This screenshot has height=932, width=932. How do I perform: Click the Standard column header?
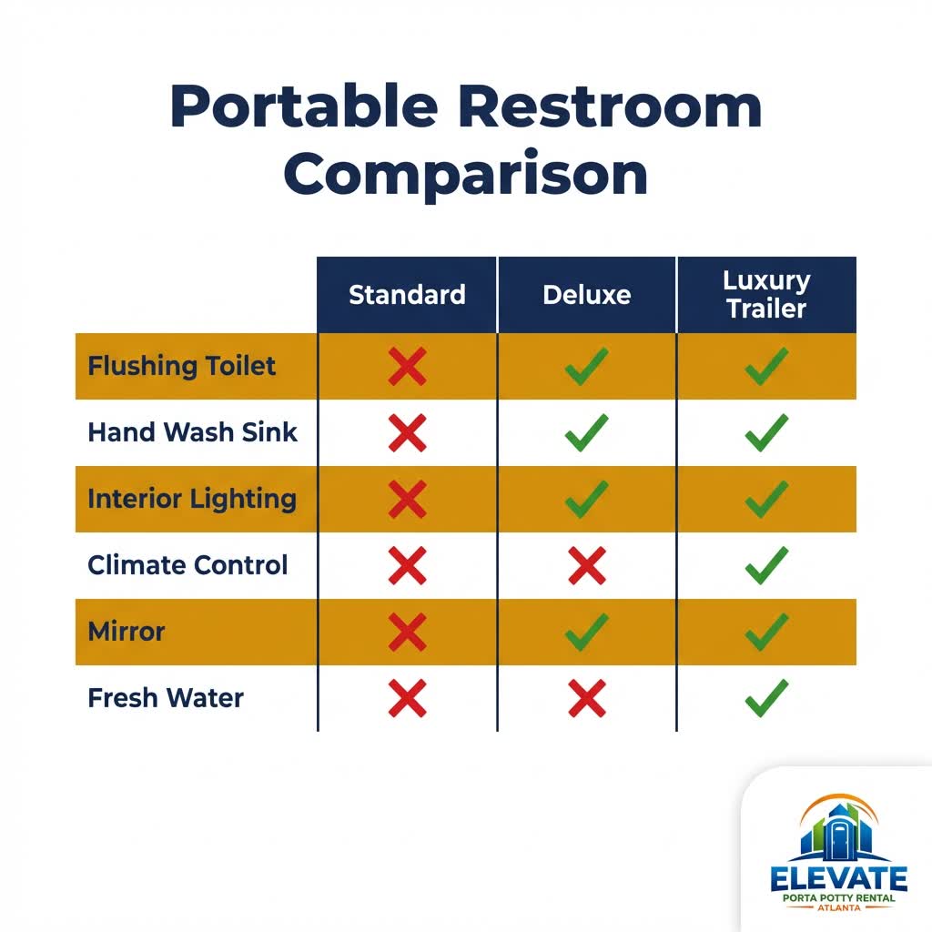(407, 295)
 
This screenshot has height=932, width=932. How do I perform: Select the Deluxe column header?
(586, 295)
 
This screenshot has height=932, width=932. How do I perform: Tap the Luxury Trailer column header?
(766, 294)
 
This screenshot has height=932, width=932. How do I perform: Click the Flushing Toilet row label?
(181, 366)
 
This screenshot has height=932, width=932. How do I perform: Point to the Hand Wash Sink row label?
(192, 431)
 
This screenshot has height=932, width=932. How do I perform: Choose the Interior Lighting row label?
(192, 499)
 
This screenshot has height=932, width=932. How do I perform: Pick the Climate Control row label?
(187, 565)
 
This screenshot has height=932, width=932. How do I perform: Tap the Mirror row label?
(127, 632)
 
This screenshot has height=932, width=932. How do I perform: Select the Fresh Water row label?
(166, 698)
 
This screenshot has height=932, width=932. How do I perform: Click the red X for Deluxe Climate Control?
(586, 566)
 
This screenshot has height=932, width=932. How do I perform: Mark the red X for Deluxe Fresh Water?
(586, 699)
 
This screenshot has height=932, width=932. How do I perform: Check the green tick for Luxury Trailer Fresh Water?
(766, 699)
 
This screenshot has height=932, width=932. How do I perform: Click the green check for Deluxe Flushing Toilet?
(586, 366)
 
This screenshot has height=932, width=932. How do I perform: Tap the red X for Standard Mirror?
(407, 632)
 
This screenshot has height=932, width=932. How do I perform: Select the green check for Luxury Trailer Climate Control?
(766, 566)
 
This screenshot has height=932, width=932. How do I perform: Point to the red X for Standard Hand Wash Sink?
(407, 432)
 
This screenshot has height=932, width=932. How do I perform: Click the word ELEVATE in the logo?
(838, 879)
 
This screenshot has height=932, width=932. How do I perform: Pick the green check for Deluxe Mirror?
(586, 632)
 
